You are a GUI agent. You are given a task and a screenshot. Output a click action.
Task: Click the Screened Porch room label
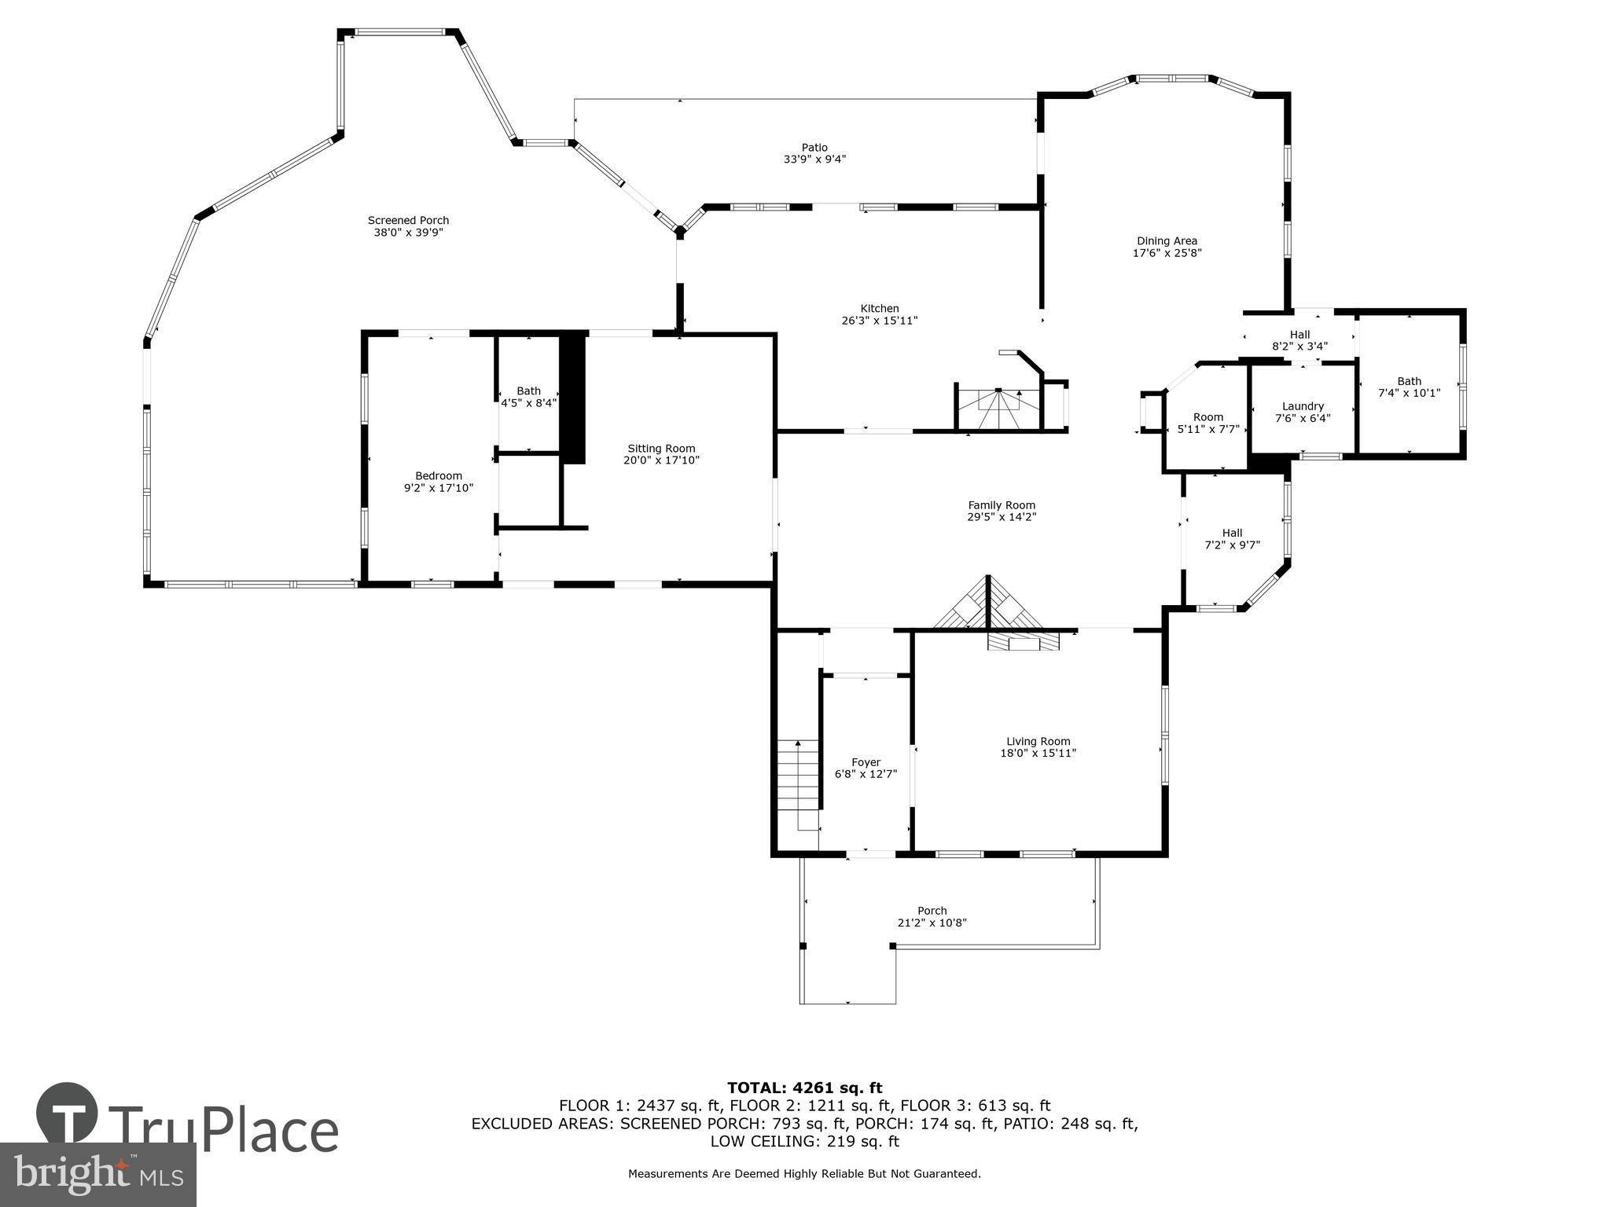tap(408, 221)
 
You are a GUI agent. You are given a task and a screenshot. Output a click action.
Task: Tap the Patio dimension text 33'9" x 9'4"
tap(814, 160)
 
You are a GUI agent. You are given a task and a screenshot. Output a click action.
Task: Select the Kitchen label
tap(879, 309)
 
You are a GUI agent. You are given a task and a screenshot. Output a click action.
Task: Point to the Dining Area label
tap(1167, 241)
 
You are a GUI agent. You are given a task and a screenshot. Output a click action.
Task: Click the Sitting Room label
tap(660, 449)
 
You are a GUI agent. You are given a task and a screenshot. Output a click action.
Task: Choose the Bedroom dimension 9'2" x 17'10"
tap(439, 488)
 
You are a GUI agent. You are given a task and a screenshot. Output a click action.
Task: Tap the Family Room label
tap(1001, 505)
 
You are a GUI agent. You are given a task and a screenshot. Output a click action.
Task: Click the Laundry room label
tap(1303, 406)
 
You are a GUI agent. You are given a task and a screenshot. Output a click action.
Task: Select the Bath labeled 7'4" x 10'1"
tap(1409, 387)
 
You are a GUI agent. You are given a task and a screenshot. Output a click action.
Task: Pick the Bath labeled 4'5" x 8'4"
tap(528, 397)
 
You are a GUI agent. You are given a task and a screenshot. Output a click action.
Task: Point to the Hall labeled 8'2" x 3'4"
tap(1299, 340)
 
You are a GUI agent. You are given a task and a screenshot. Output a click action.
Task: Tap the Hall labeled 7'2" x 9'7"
tap(1232, 538)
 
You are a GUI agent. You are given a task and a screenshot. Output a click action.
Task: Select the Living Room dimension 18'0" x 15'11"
tap(1038, 753)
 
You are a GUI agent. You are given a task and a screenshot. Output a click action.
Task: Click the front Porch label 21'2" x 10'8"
tap(932, 917)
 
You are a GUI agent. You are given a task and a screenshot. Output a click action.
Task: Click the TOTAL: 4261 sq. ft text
tap(804, 1088)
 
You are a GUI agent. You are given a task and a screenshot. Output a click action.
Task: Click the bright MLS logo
tap(98, 1174)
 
